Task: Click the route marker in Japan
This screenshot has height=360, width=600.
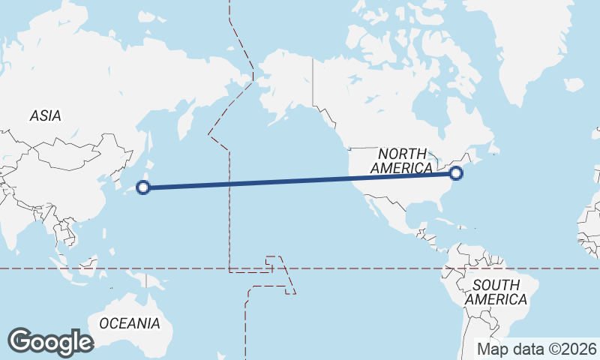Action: [x=145, y=187]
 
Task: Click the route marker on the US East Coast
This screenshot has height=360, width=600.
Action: [x=456, y=174]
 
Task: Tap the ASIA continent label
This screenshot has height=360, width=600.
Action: [x=45, y=116]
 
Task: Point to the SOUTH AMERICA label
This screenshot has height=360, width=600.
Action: [x=496, y=292]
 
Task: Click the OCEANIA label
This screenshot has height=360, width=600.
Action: [x=130, y=324]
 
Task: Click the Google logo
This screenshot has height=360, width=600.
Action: [x=50, y=341]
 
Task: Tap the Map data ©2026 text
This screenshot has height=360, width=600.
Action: [x=537, y=349]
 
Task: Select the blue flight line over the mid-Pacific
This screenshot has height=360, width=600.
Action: [x=300, y=181]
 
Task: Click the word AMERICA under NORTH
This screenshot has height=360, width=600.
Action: [x=401, y=168]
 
